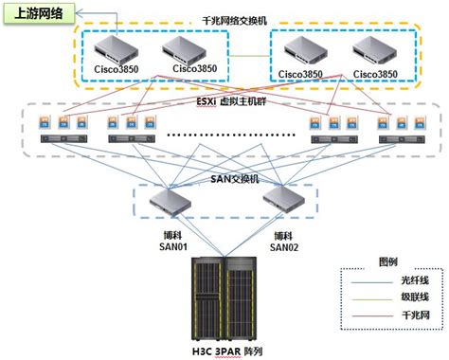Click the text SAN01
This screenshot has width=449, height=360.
click(171, 247)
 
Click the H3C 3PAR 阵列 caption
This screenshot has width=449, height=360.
click(224, 351)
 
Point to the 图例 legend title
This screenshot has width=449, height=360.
click(388, 261)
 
